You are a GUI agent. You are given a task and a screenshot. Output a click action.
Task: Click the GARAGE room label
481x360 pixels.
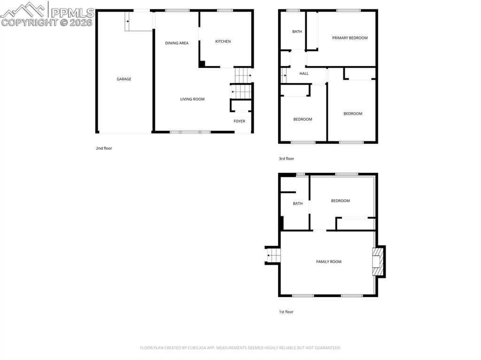[x=124, y=79]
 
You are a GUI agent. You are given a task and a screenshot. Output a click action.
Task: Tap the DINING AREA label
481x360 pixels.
[x=177, y=43]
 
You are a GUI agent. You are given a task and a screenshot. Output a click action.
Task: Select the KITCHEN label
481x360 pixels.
[x=223, y=42]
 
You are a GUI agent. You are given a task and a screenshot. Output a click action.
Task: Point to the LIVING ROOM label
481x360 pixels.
[x=193, y=99]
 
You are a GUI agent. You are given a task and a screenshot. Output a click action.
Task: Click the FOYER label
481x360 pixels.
[x=240, y=121]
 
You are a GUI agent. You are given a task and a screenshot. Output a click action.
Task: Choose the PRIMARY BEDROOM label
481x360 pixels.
[x=350, y=38]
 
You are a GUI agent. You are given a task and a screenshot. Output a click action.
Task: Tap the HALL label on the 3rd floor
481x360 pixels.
[x=304, y=74]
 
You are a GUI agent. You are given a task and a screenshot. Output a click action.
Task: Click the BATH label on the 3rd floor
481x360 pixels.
[x=297, y=32]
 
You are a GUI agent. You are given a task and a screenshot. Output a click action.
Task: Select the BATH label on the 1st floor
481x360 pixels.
[x=298, y=204]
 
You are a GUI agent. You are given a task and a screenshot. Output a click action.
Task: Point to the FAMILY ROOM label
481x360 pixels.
[x=329, y=262]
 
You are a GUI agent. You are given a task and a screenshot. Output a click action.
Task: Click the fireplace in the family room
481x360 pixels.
[x=377, y=262]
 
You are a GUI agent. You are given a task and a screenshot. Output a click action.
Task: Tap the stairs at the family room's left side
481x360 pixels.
[x=273, y=256]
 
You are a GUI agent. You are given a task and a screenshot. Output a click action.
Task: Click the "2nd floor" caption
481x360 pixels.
[x=104, y=148]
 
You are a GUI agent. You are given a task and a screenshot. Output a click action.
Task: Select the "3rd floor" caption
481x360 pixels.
[x=287, y=159]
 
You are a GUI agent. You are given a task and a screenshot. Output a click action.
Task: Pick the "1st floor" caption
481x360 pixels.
[x=286, y=312]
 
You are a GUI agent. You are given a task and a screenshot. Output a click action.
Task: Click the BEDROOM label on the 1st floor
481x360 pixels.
[x=341, y=201]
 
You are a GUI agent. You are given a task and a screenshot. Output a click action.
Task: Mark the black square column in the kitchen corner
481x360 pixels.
[x=202, y=64]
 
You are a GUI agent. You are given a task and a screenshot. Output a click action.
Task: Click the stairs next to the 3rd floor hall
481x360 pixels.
[x=284, y=75]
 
